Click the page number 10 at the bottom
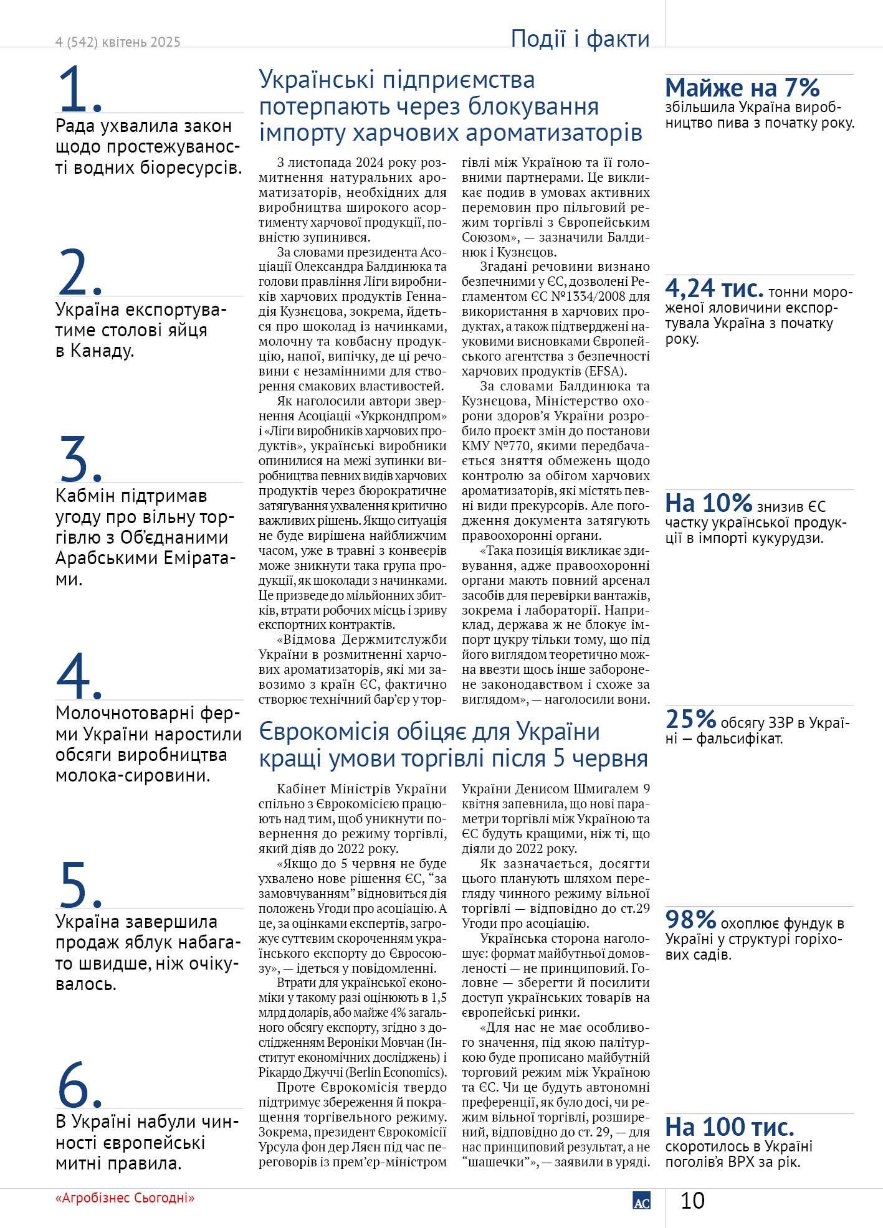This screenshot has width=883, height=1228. [x=692, y=1201]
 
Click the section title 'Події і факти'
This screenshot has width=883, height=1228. [x=580, y=39]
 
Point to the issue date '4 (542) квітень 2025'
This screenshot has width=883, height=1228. [x=118, y=42]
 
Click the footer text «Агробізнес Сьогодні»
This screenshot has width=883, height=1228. [x=125, y=1198]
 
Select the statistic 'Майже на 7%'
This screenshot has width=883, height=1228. [x=742, y=88]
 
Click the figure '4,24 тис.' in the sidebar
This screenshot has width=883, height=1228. [x=714, y=289]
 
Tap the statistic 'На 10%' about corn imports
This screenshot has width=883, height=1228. [x=709, y=503]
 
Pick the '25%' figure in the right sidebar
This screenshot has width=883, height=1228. [x=690, y=719]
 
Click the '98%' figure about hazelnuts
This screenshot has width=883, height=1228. [x=690, y=920]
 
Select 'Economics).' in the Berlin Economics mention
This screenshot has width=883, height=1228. [x=414, y=1072]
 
